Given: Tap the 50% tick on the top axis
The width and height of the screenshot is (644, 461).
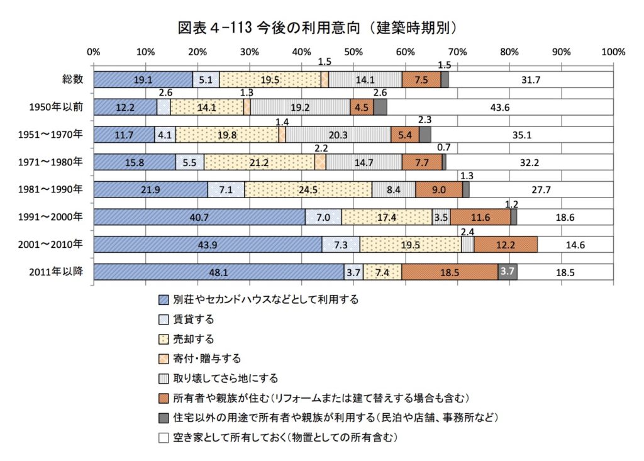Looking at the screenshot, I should tap(353, 52).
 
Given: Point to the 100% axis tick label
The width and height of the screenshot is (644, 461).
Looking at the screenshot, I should tap(612, 52).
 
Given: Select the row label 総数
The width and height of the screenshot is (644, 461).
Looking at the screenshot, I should tap(72, 80).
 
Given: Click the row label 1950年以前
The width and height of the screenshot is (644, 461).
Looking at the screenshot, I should tap(57, 108).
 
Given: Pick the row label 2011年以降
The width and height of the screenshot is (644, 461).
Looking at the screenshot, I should tap(57, 272).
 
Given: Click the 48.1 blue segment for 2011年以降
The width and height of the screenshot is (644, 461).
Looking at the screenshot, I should tap(218, 272).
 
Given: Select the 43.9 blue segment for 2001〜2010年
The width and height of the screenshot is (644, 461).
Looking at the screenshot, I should tap(208, 245).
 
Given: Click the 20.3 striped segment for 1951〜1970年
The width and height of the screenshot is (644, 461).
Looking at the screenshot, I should tap(338, 135).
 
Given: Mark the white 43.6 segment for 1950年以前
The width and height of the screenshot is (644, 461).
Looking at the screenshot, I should tap(500, 108).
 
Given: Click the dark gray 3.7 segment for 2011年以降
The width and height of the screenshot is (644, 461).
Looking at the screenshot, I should tap(508, 272).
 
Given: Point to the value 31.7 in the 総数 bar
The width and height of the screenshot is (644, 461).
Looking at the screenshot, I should tap(531, 80).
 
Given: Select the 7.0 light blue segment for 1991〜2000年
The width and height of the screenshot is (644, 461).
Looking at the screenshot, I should tap(323, 217).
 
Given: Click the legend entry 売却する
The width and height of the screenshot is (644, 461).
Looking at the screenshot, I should tap(193, 340).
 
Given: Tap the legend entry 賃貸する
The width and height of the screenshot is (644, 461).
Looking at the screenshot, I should tap(193, 319).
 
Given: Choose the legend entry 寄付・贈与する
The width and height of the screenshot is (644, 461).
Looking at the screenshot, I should tap(206, 359).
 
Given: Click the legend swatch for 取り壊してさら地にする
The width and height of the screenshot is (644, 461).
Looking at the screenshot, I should tap(164, 379).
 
